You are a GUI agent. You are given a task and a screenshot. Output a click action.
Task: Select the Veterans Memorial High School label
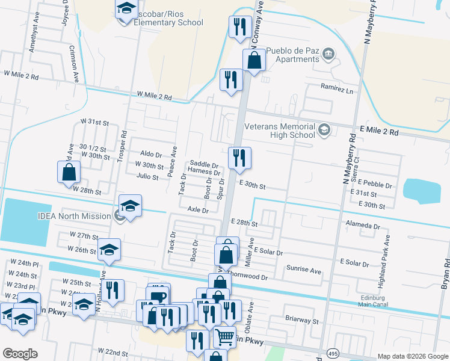click(x=280, y=131)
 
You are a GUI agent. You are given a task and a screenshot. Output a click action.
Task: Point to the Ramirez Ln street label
click(x=336, y=89)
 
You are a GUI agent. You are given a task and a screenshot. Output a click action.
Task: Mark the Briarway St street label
click(x=293, y=321)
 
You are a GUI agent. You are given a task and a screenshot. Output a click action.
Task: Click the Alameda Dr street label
click(x=364, y=227)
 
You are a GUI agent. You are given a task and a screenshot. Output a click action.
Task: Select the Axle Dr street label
click(x=197, y=211)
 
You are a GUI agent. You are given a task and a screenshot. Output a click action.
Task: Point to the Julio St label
click(x=147, y=177)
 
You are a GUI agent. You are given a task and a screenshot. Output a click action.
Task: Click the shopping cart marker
click(x=224, y=337)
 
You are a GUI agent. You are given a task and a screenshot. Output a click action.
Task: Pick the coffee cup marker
click(x=159, y=295)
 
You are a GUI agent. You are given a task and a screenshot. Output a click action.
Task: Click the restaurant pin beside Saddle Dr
click(x=239, y=158)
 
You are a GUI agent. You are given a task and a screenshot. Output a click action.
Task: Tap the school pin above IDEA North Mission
click(x=130, y=205)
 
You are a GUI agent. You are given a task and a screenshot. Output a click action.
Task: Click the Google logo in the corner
click(x=20, y=353)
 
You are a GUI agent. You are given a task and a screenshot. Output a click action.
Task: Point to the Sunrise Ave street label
click(x=303, y=270)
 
